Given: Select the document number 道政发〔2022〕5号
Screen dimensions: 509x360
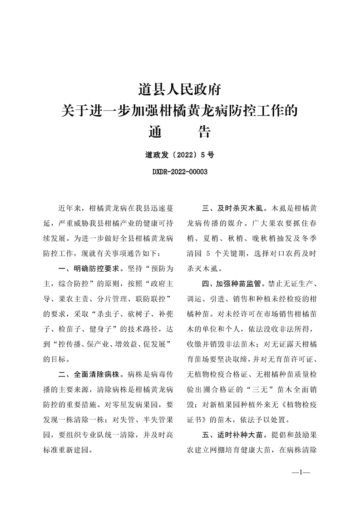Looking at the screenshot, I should pos(180,155).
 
